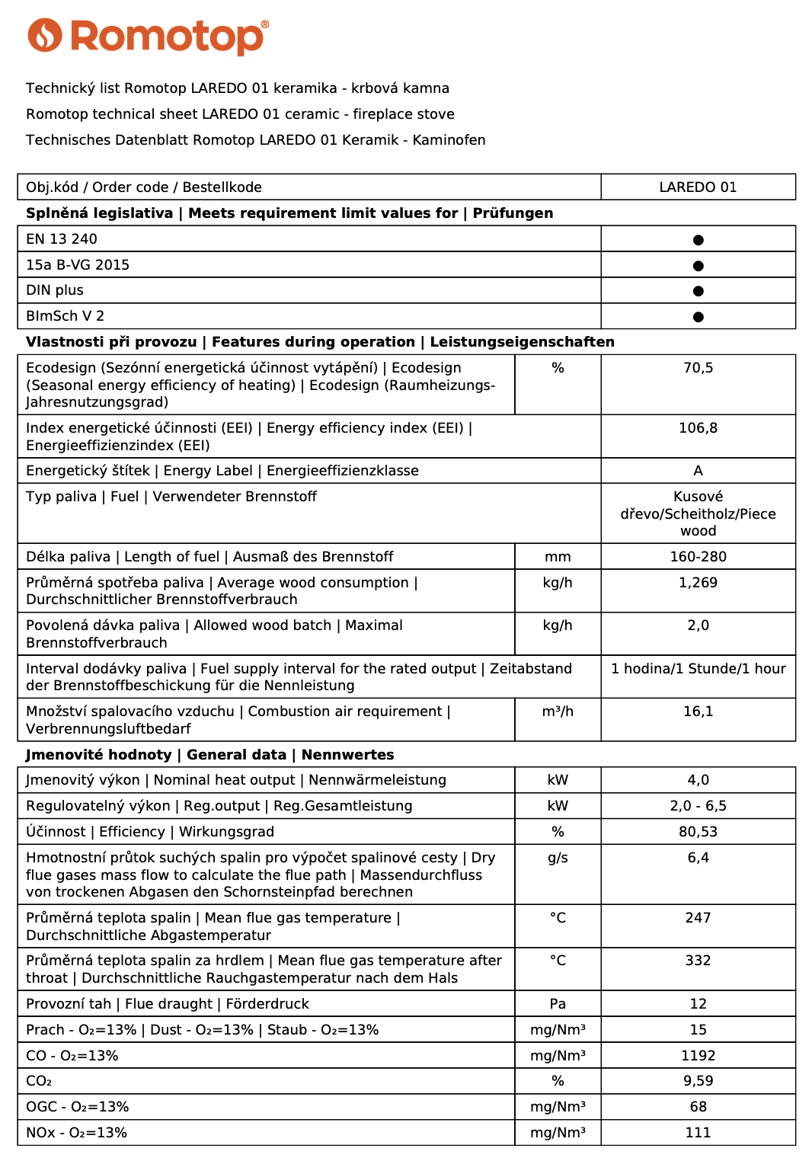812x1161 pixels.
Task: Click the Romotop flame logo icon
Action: (x=44, y=35)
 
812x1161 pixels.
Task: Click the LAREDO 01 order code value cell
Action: (x=698, y=187)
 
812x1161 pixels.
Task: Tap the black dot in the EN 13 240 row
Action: (x=698, y=240)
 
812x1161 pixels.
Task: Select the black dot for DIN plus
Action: (x=698, y=291)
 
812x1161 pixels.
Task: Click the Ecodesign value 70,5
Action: (x=698, y=368)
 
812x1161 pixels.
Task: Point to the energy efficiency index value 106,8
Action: (x=698, y=428)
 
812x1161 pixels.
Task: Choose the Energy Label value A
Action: (x=698, y=471)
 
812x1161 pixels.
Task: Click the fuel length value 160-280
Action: (x=698, y=557)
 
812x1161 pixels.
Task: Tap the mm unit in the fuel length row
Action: (x=558, y=557)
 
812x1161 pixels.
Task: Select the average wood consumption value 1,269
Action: (x=698, y=583)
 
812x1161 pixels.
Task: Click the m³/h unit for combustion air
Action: (x=558, y=712)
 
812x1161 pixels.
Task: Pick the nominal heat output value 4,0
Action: (x=698, y=780)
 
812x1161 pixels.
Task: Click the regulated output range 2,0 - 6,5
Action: (x=698, y=806)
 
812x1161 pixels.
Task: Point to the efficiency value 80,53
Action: (x=698, y=832)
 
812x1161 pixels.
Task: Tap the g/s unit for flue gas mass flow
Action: (x=558, y=858)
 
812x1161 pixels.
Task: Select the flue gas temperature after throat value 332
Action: (x=698, y=961)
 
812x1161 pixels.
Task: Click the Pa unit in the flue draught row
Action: (x=558, y=1004)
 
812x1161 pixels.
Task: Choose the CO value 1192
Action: (x=698, y=1056)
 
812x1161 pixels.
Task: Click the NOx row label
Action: (x=76, y=1133)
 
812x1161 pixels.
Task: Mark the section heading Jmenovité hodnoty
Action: (x=99, y=755)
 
